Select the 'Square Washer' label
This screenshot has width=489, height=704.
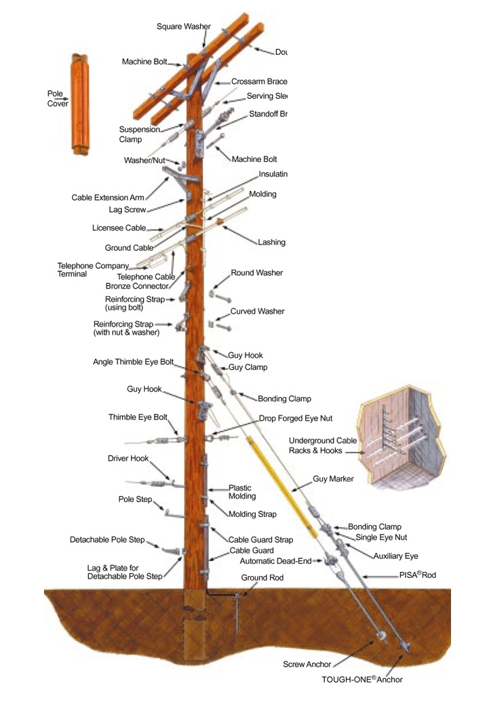point(183,26)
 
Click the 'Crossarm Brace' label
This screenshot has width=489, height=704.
point(259,81)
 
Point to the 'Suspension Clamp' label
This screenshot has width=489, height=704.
point(139,134)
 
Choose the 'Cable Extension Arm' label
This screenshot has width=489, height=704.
point(108,198)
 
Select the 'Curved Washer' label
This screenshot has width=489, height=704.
point(257,312)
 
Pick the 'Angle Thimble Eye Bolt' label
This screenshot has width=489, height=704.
point(133,362)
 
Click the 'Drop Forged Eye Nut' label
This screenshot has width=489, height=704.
point(295,418)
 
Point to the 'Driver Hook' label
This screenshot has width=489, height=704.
point(128,459)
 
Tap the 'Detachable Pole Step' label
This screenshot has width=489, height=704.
point(107,540)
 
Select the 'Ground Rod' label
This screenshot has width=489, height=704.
point(262,578)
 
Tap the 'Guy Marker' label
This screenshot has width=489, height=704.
point(333,479)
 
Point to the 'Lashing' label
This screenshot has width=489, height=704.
point(271,242)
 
